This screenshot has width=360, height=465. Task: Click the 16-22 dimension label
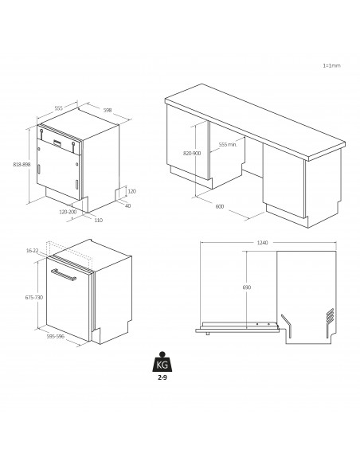32,251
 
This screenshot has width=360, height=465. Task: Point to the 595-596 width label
55,337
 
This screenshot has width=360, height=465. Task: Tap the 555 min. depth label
229,144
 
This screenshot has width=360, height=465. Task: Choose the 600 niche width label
218,206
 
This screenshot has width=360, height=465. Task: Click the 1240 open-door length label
262,244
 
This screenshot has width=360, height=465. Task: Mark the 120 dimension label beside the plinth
131,192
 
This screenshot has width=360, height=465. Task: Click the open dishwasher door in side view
239,325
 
